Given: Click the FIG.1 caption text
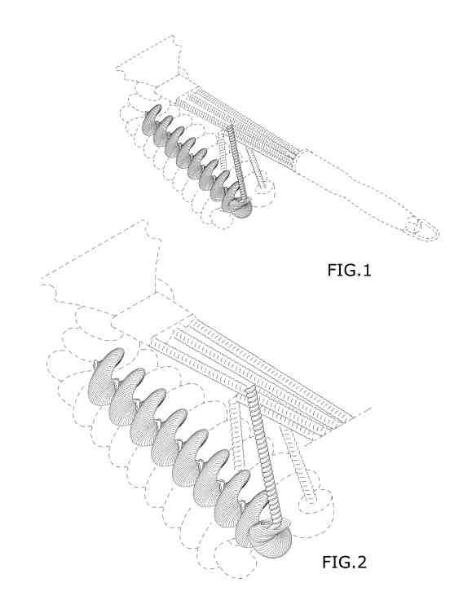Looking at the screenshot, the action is click(x=349, y=270).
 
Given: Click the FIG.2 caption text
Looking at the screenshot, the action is click(x=344, y=563).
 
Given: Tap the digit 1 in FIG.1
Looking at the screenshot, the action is click(x=366, y=270).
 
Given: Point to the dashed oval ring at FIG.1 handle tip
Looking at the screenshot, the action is click(x=421, y=229).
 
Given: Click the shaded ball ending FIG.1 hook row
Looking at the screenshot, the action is click(x=242, y=208).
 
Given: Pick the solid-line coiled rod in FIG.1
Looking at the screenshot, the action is click(x=236, y=163).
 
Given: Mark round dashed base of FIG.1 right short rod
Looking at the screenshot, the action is click(x=263, y=189).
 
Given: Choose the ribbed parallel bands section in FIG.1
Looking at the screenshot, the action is click(x=240, y=127).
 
